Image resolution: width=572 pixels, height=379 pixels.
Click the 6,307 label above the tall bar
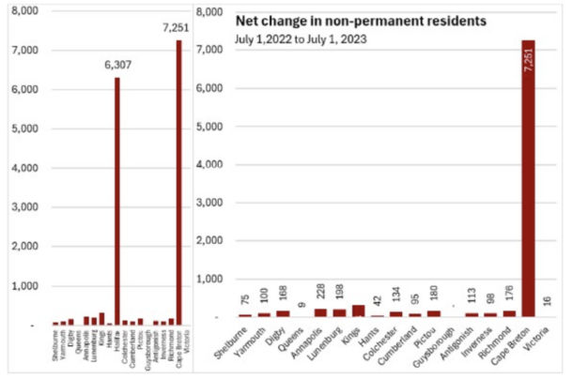(x=117, y=66)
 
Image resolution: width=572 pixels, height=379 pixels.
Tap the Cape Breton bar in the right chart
(x=529, y=178)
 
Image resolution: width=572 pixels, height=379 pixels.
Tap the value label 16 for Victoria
(x=549, y=302)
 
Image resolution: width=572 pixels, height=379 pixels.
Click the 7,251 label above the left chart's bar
(x=178, y=27)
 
